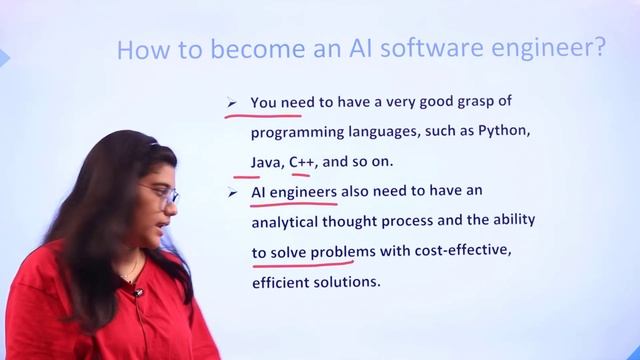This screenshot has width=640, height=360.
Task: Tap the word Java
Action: click(x=266, y=160)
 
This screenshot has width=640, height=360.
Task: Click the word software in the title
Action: click(x=402, y=49)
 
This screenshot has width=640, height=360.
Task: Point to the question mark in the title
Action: click(x=599, y=48)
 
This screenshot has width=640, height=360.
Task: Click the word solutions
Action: click(x=352, y=281)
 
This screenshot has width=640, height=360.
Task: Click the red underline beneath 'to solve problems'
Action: click(x=304, y=265)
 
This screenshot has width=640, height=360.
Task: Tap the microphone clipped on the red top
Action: click(x=139, y=292)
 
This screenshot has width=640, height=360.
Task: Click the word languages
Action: click(x=395, y=131)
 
